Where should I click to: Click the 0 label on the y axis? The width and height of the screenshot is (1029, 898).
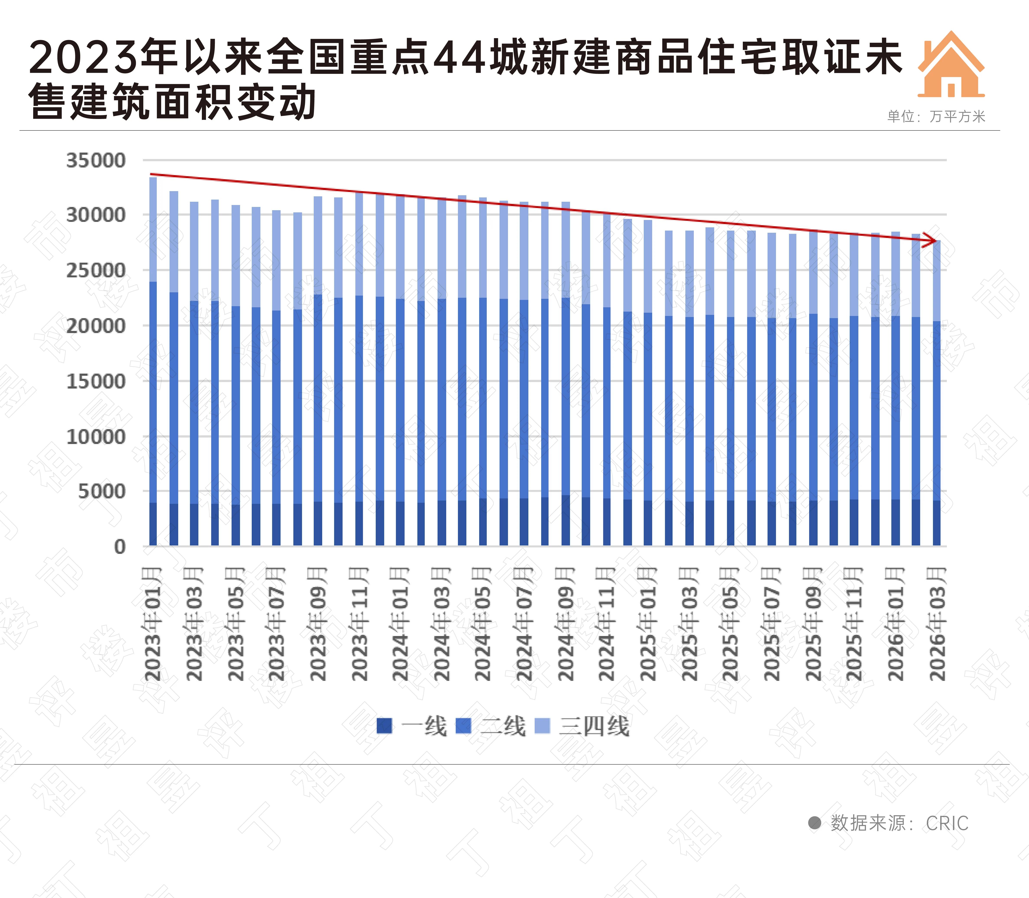pos(119,547)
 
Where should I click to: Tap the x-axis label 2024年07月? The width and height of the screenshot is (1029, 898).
pos(524,624)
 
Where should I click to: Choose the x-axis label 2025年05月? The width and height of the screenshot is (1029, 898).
pos(730,624)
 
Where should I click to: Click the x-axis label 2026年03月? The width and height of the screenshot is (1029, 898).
pos(937,624)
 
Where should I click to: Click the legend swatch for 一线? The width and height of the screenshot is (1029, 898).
pos(384,726)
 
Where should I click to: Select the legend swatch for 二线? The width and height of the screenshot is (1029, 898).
pos(463,726)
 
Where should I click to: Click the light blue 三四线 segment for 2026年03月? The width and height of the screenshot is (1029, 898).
pos(936,281)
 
